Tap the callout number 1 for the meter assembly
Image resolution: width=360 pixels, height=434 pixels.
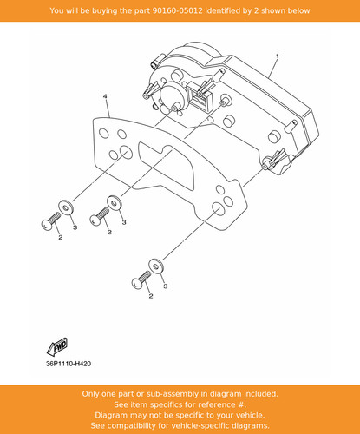278,56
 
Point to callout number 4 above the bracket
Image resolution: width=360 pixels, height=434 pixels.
105,96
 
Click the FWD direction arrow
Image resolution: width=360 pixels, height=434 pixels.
57,346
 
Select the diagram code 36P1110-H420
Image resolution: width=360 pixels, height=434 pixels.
69,364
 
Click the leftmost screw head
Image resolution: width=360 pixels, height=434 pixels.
46,225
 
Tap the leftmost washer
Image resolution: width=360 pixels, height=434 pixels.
66,207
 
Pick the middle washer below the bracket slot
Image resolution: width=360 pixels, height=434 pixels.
115,202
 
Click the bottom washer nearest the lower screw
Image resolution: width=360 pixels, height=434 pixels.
156,266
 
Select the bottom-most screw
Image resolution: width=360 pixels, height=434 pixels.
141,279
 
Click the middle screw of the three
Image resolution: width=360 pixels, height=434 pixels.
100,217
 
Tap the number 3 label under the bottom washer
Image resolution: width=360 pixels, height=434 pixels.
166,286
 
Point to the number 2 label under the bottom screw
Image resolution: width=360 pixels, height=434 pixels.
151,296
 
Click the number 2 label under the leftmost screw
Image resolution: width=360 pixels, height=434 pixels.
61,237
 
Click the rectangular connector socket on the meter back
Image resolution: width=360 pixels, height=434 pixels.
200,97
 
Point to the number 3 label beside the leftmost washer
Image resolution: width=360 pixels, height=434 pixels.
75,227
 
